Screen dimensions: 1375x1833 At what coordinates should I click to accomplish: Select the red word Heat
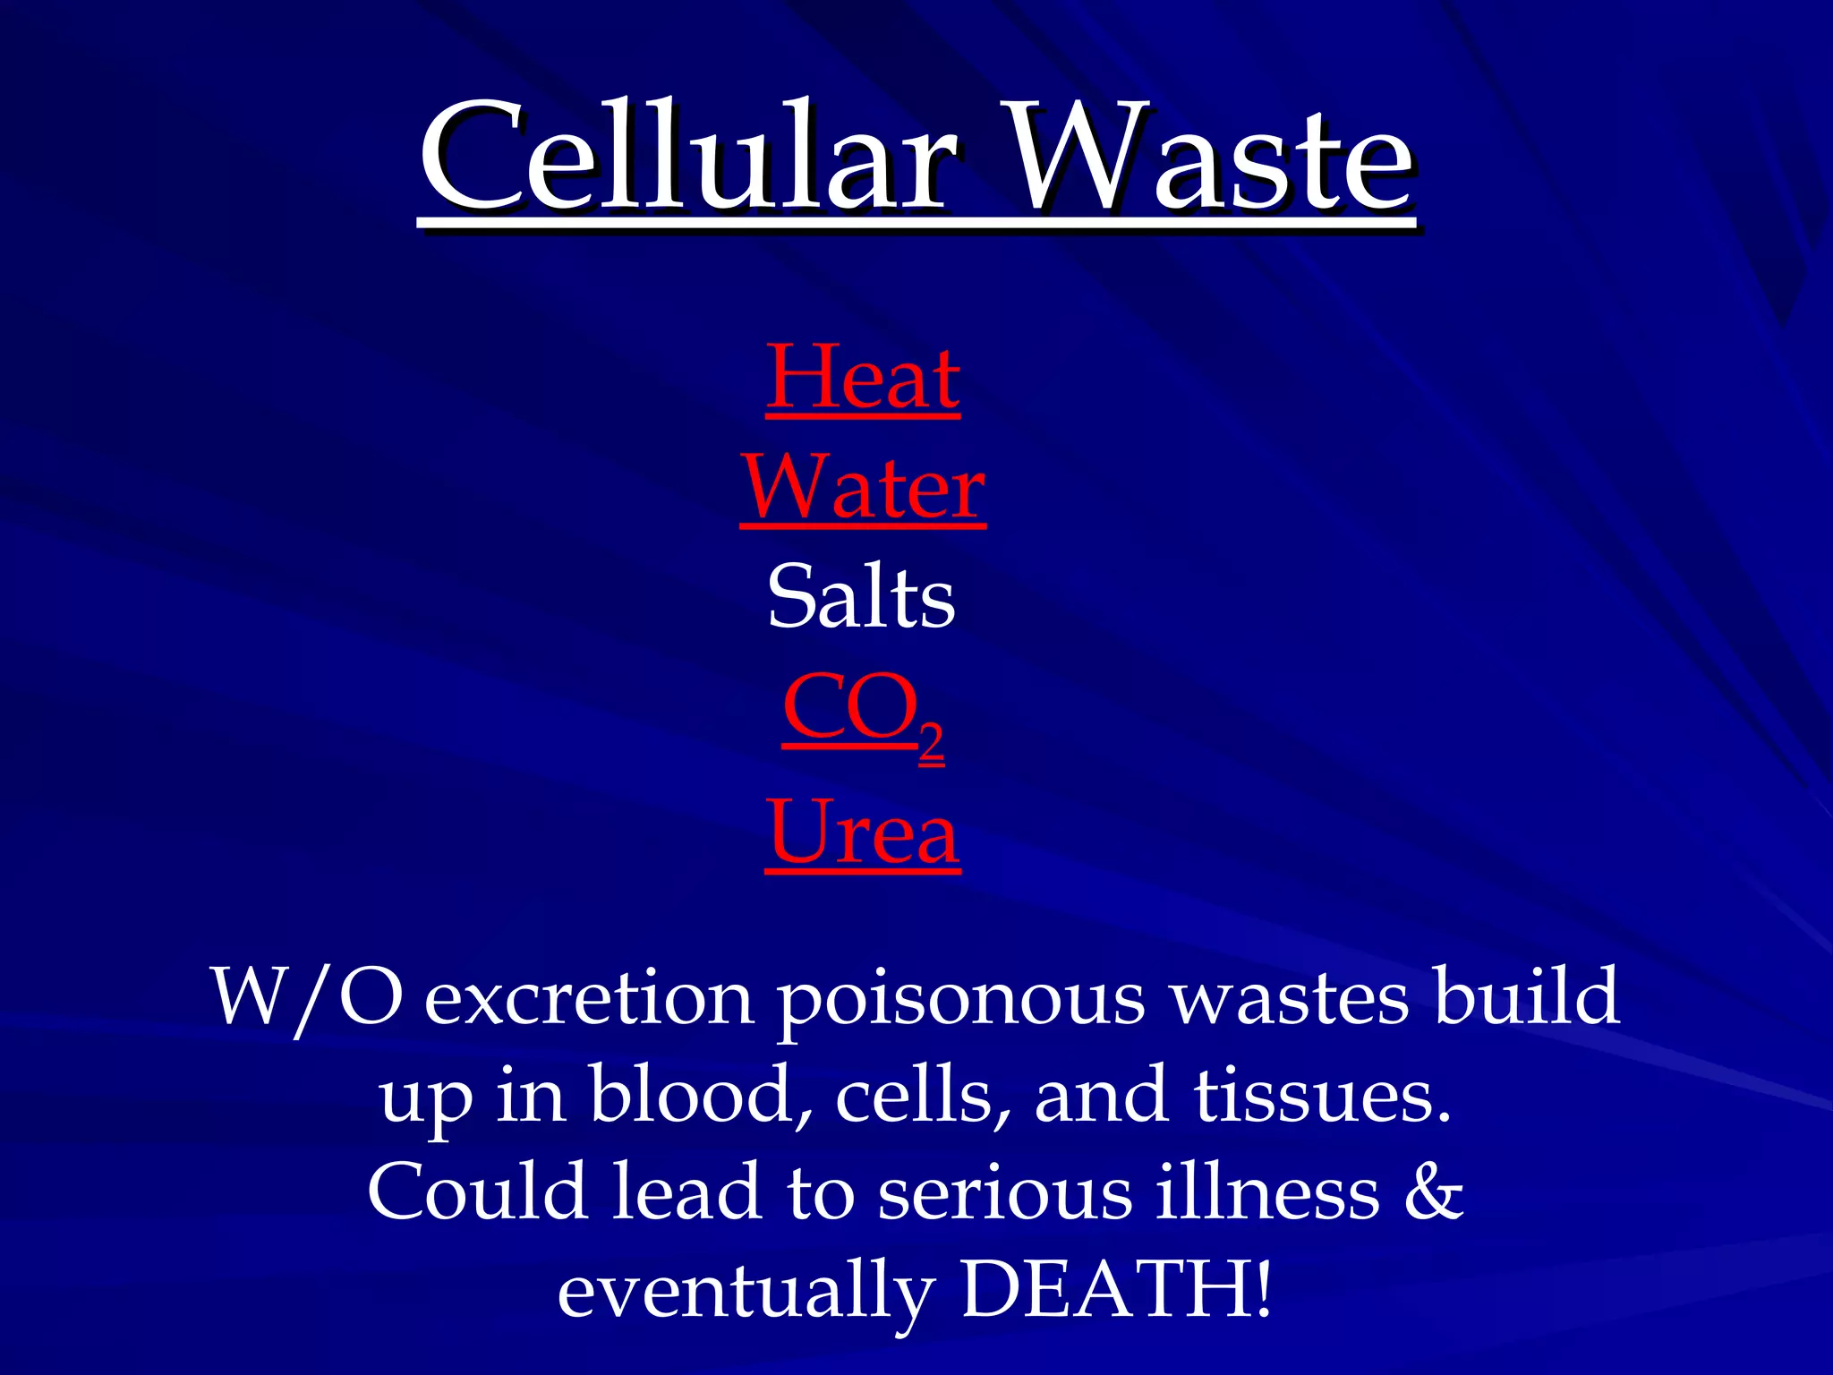coord(863,378)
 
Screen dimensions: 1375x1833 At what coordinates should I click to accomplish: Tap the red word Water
coord(863,488)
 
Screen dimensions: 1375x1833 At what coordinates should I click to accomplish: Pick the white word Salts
coord(861,597)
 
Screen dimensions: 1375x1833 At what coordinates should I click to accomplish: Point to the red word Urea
coord(863,833)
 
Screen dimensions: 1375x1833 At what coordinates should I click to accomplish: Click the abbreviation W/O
coord(306,997)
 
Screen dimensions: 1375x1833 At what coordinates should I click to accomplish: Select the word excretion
coord(588,997)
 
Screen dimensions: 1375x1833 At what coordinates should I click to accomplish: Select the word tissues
coord(1322,1096)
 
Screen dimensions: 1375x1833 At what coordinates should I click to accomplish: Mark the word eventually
coord(746,1293)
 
